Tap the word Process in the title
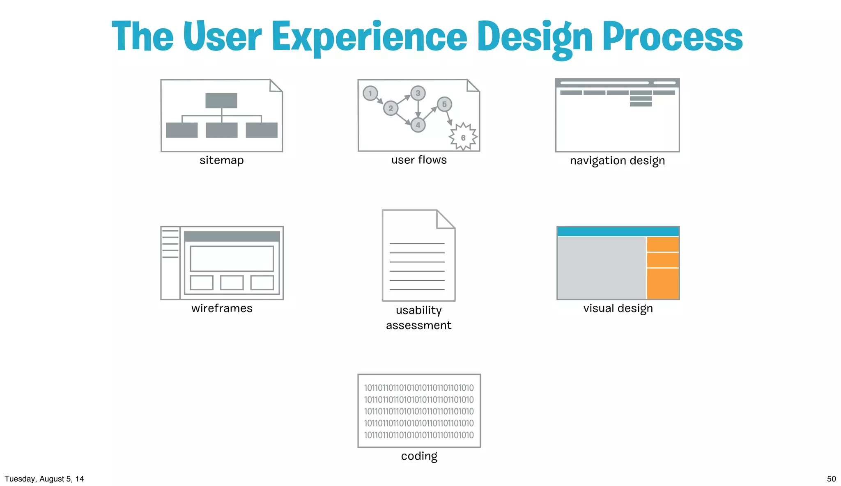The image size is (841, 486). tap(672, 38)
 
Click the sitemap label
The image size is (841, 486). tap(221, 160)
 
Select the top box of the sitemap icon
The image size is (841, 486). tap(221, 101)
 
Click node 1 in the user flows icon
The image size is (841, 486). tap(370, 93)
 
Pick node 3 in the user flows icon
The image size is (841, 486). tap(418, 93)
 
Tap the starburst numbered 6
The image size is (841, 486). tap(463, 137)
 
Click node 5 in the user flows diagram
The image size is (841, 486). tap(444, 104)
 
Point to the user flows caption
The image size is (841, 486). tap(419, 160)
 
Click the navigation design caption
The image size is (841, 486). tap(617, 160)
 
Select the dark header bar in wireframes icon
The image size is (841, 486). tap(232, 236)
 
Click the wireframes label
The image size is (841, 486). tap(222, 308)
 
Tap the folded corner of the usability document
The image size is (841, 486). tap(444, 220)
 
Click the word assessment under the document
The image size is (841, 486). tap(418, 326)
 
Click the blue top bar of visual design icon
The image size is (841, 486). tap(618, 232)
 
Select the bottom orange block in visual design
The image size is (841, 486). tap(662, 284)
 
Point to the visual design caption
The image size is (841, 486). tap(618, 308)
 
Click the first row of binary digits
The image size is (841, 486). tap(418, 388)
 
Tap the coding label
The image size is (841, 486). tap(419, 456)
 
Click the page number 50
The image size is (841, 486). tap(831, 479)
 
